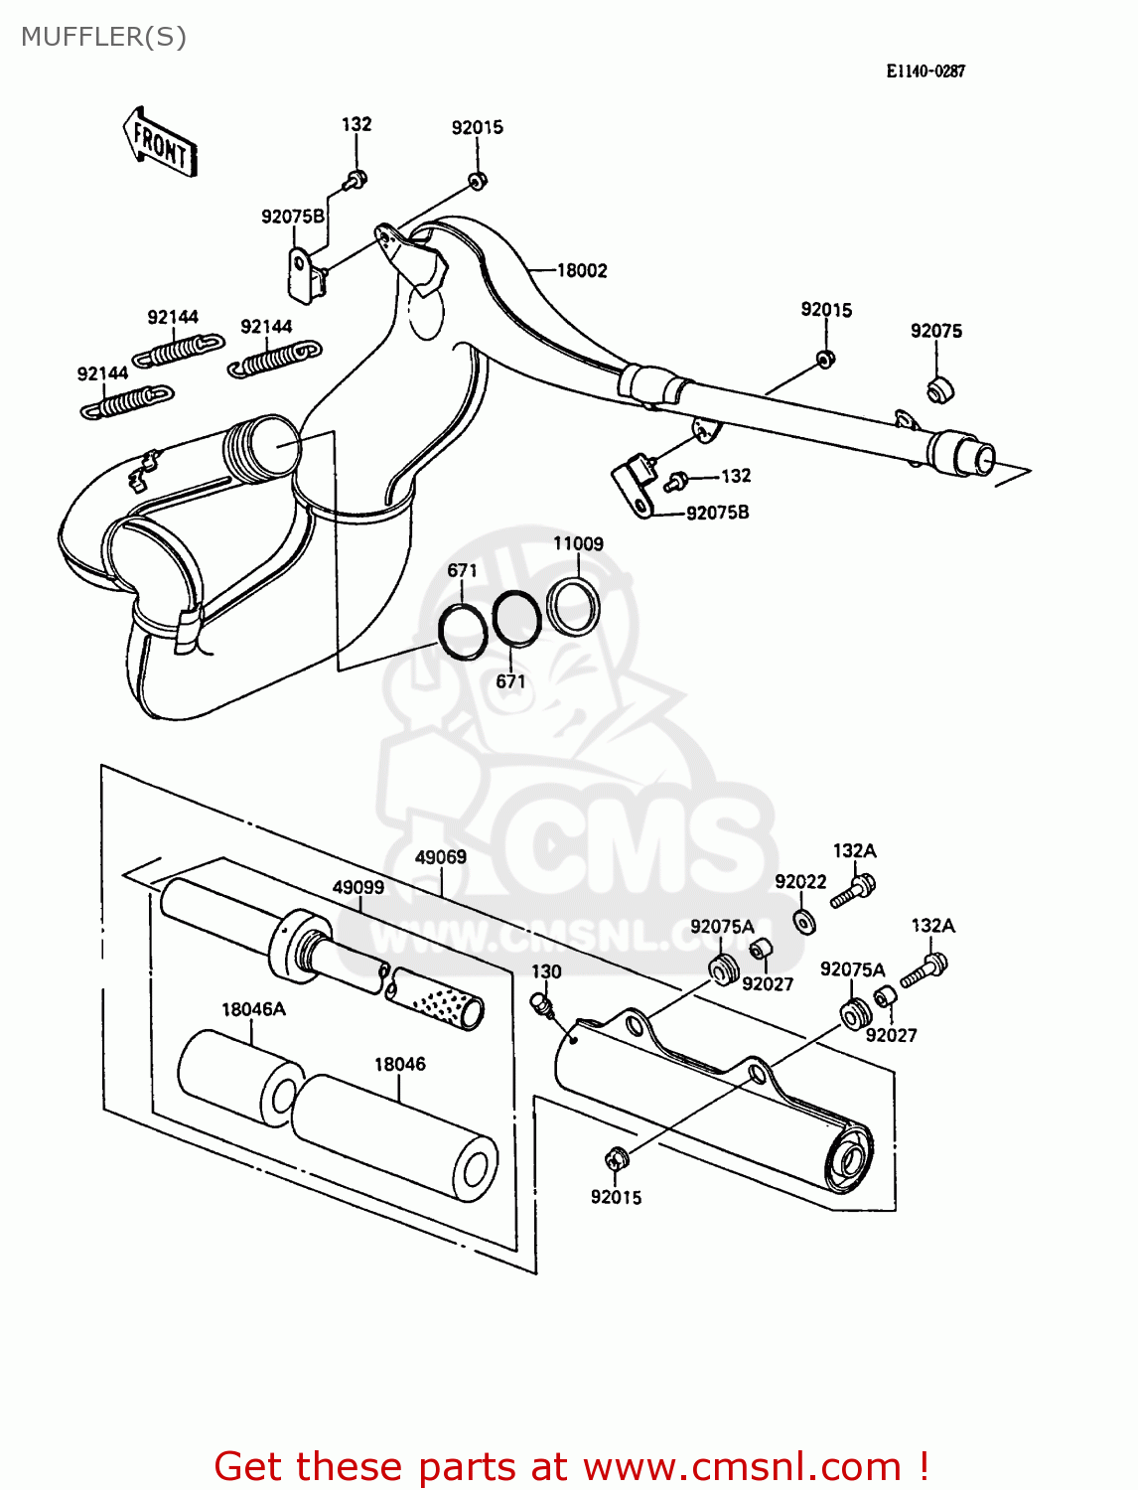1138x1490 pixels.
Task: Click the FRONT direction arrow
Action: pos(160,143)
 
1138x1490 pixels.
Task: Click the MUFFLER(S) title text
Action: pos(103,37)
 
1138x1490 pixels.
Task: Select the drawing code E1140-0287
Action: pos(925,71)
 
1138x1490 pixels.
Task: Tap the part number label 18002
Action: pos(581,270)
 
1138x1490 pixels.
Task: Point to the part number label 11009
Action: pos(578,543)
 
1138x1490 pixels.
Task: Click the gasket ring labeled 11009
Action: pos(573,607)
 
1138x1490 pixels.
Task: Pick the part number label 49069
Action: pos(440,856)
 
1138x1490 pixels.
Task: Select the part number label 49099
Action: pos(357,886)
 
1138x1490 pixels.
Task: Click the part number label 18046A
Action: pos(253,1009)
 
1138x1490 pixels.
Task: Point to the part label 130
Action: pos(546,971)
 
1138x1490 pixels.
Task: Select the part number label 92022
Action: pos(800,882)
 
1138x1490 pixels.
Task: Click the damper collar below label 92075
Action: pos(939,389)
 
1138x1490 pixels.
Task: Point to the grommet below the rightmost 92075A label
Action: pos(854,1014)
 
